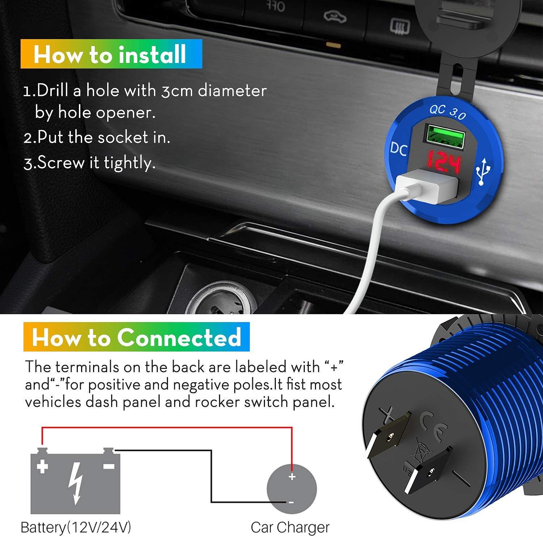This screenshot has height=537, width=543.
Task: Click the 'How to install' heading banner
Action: point(111,54)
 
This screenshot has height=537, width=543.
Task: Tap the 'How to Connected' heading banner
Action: point(136,337)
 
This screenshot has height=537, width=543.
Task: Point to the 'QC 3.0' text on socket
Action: point(447,112)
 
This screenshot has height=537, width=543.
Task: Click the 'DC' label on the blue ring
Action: point(399,149)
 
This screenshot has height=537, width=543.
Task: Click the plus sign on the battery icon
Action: point(42,466)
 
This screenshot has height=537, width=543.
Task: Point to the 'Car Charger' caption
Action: point(290,528)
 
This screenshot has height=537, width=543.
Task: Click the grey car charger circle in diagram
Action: point(292,489)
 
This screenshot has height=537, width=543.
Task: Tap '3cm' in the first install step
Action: point(177,91)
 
